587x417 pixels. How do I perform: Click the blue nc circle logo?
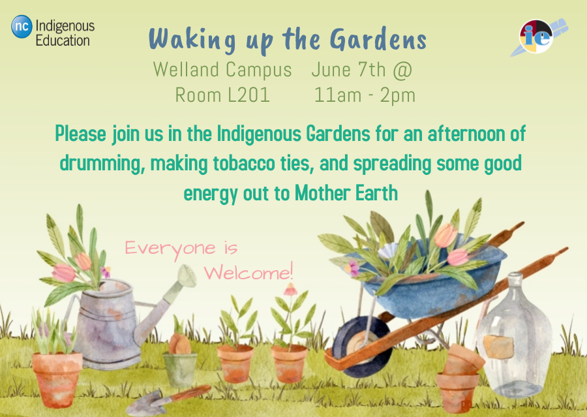(x=22, y=27)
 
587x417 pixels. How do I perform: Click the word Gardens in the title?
(x=378, y=39)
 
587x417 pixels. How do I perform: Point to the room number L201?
(x=248, y=95)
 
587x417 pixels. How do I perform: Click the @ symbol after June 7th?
(x=402, y=70)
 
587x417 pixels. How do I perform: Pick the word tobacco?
(x=244, y=163)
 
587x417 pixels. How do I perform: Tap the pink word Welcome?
(x=248, y=272)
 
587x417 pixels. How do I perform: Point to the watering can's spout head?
(x=187, y=276)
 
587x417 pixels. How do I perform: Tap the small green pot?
(x=180, y=369)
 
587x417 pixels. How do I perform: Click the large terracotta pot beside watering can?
(x=57, y=379)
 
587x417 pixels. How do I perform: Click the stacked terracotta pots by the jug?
(x=459, y=378)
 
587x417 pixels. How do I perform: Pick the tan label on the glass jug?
(x=498, y=347)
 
